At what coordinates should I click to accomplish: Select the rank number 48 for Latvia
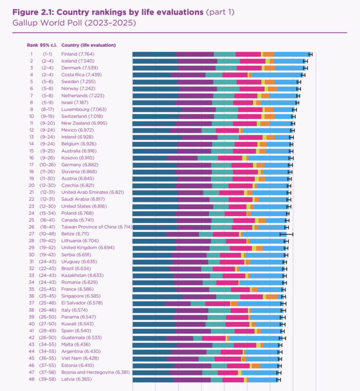[31, 380]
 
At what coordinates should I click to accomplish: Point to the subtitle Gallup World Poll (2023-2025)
[68, 23]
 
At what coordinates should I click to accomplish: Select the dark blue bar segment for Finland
[154, 54]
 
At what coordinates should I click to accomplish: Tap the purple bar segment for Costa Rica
[189, 75]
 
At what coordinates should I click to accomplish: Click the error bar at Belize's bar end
[286, 234]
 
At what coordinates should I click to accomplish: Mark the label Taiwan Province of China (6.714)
[97, 227]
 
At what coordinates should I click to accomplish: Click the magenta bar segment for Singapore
[251, 296]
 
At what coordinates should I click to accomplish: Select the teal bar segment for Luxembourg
[227, 110]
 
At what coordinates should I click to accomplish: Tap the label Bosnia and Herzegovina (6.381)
[96, 372]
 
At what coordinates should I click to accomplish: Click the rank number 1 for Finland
[31, 54]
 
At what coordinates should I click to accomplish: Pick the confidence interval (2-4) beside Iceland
[47, 61]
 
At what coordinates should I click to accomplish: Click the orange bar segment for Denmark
[270, 68]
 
